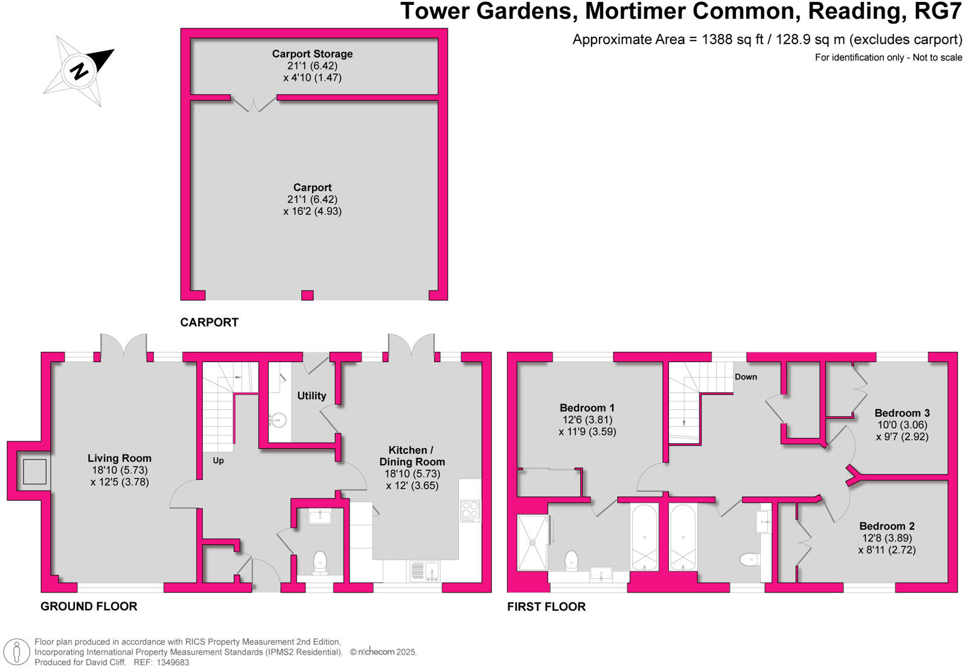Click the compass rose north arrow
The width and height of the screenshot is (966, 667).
point(79,71)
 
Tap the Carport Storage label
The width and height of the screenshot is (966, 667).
point(312,54)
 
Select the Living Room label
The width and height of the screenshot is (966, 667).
point(120,458)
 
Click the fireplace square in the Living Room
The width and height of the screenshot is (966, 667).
point(34,471)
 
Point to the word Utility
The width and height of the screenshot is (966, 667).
point(312,396)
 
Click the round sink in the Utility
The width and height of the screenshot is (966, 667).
point(278,420)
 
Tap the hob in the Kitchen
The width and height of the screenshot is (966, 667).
point(470,511)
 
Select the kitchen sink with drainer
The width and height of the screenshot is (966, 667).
point(425,570)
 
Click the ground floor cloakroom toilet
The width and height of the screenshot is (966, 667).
point(320,561)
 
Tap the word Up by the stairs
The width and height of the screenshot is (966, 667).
point(218,461)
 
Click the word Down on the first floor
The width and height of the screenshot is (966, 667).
point(746,377)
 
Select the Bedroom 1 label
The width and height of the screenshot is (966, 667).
point(587,408)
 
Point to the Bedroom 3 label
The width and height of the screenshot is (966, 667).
point(902,413)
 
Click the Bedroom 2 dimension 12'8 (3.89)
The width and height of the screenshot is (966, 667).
point(887,538)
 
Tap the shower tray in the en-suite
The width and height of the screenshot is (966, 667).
point(533,542)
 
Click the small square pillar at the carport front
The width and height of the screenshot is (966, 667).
point(307,295)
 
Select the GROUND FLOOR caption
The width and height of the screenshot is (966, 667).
point(89,606)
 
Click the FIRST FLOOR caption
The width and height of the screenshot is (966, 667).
point(546,607)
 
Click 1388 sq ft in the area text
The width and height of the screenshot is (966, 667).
point(732,40)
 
